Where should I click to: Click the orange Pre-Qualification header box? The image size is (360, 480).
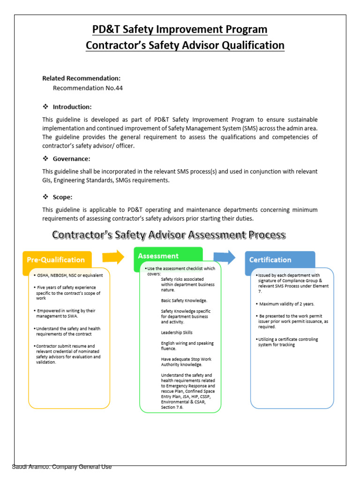(56, 260)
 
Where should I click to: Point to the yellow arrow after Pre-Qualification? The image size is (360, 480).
(113, 257)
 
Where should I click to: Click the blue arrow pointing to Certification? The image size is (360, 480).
(225, 257)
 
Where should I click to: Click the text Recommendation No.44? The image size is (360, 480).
(88, 88)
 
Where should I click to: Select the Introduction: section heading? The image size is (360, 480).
(72, 107)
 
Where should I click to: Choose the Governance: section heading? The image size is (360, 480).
(71, 158)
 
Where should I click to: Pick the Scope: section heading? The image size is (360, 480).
(62, 197)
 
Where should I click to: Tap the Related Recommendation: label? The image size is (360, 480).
(81, 78)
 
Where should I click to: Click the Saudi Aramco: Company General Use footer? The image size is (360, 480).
(62, 467)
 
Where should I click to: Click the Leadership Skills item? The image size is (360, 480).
(177, 332)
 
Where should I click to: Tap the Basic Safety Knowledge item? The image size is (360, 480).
(184, 300)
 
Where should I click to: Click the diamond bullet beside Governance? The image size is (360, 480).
(45, 158)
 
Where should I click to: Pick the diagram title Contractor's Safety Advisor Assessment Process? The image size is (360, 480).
(168, 234)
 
